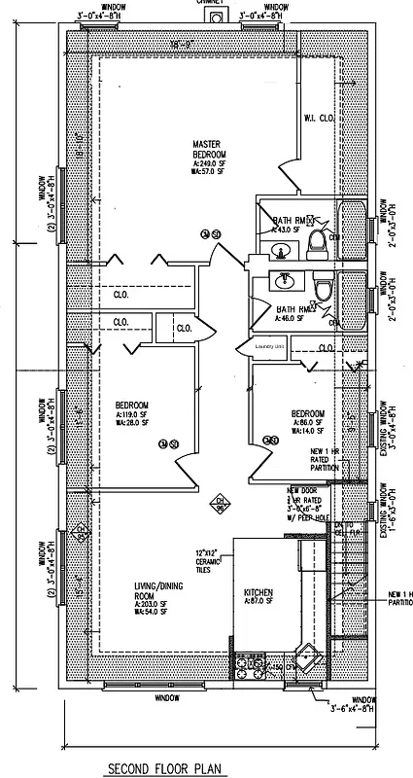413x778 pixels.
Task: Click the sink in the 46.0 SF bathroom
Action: [x=285, y=283]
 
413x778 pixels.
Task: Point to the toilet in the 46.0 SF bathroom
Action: [x=323, y=290]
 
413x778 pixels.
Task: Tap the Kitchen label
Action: [x=258, y=593]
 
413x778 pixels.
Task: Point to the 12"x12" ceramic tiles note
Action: [x=210, y=561]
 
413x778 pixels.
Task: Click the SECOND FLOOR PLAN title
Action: [x=165, y=768]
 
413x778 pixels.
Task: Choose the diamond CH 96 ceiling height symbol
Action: [x=220, y=506]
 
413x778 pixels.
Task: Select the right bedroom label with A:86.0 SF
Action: [x=308, y=420]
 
